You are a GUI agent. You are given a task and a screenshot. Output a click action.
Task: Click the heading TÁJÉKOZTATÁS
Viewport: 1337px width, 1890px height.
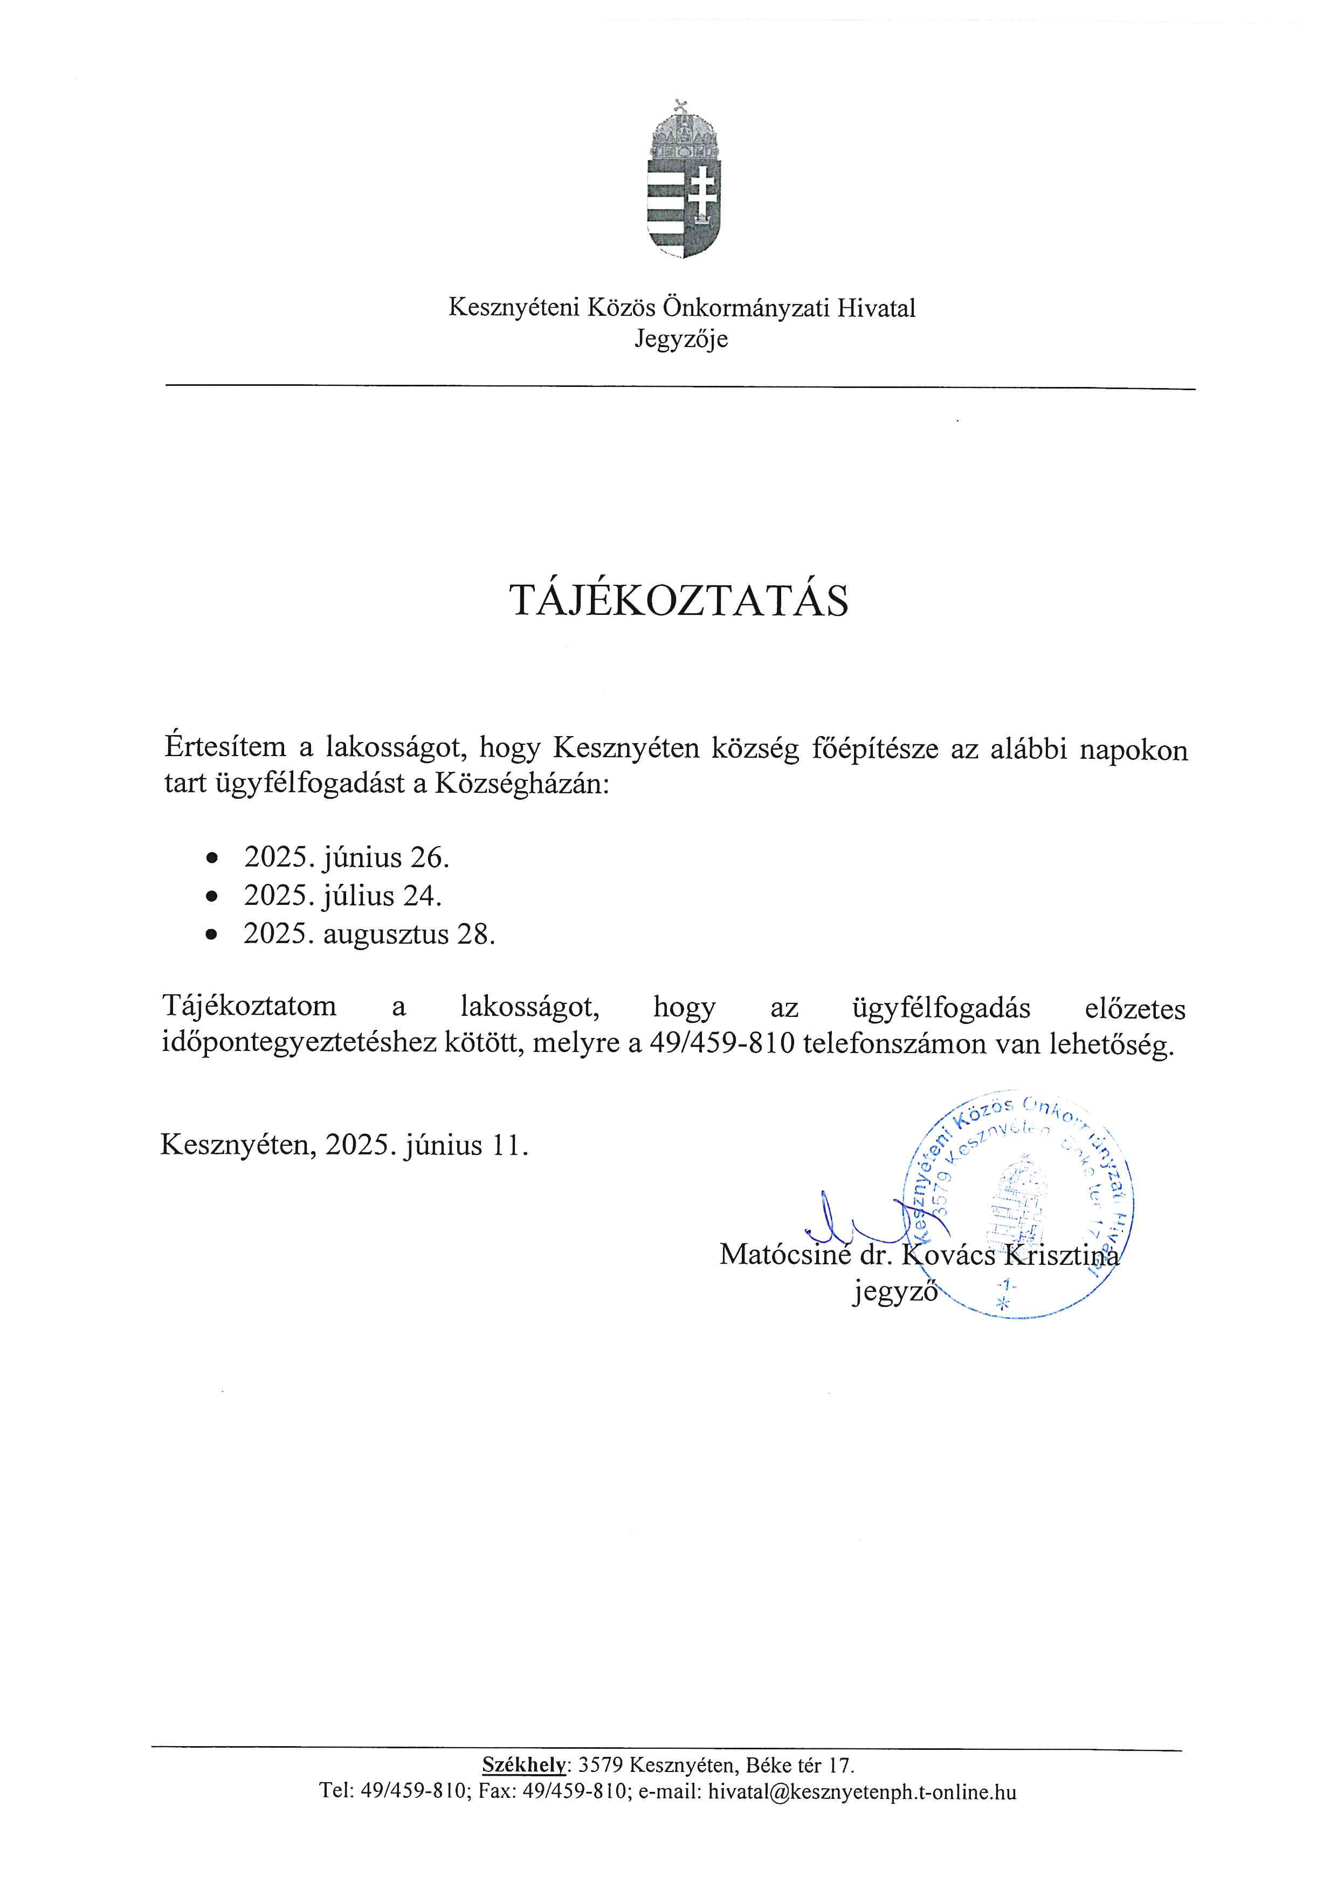coord(679,602)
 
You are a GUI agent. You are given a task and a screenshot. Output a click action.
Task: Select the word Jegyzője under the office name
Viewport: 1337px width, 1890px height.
coord(681,338)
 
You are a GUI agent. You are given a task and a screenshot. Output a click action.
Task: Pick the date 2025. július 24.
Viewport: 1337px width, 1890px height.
coord(342,896)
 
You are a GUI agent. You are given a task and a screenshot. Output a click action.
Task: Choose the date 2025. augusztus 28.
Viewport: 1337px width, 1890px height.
coord(369,934)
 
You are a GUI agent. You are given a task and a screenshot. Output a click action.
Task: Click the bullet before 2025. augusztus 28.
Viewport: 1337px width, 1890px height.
coord(213,935)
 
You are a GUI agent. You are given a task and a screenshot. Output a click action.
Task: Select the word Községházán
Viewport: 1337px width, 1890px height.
coord(522,783)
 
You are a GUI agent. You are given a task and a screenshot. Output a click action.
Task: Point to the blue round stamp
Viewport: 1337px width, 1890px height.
coord(1021,1206)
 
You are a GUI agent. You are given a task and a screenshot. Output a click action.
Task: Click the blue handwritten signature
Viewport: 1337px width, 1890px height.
coord(848,1227)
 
